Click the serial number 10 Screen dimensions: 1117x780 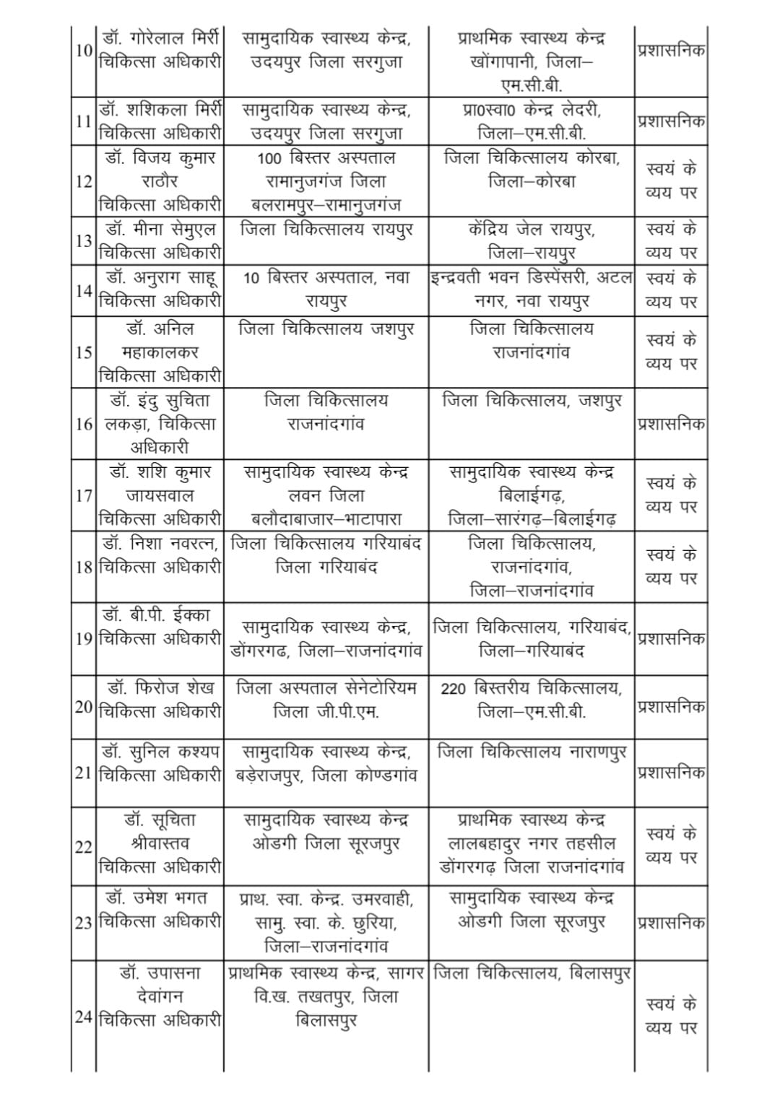84,51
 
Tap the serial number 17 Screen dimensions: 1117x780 84,496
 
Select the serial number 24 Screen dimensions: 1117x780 84,1017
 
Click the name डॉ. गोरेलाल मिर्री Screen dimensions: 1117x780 161,38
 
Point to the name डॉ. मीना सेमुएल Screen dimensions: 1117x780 161,230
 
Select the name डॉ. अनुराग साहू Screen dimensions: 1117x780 161,277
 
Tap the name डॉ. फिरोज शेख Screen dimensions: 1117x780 161,688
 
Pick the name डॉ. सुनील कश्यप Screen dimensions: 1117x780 161,752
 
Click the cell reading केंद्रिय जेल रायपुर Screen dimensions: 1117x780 532,230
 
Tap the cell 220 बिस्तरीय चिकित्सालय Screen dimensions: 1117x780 532,688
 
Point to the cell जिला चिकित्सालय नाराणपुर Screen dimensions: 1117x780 532,752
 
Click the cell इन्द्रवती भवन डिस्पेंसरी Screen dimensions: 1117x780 532,277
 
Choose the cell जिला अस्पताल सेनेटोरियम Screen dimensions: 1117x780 326,688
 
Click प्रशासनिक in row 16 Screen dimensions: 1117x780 671,424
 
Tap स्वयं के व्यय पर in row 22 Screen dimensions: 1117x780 671,846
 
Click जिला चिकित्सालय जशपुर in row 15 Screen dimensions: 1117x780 326,329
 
